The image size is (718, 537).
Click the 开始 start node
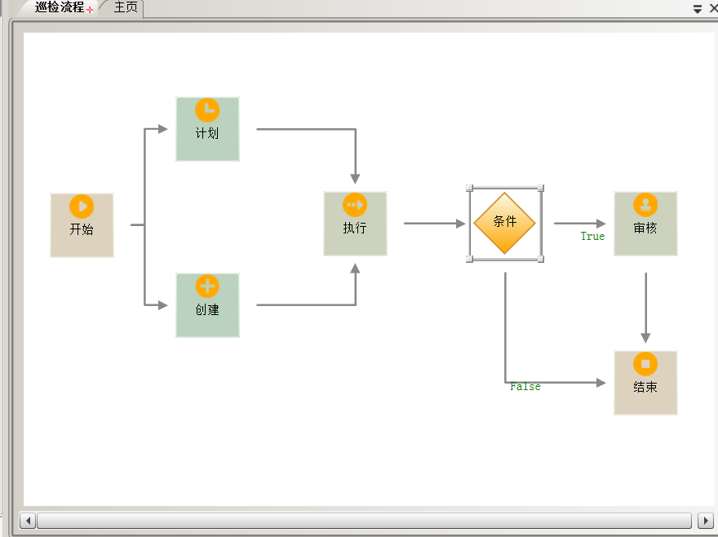point(82,225)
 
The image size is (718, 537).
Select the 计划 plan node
point(207,129)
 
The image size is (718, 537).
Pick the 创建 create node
point(207,305)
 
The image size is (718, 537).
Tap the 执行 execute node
point(355,224)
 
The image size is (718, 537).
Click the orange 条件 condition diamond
point(505,223)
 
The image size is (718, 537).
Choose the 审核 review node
point(645,224)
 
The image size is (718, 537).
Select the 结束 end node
point(645,383)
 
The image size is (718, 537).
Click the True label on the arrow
point(592,237)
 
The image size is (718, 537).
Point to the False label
point(525,387)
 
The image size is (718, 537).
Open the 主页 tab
point(126,8)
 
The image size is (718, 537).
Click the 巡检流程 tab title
point(60,8)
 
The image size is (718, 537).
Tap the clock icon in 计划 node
point(207,110)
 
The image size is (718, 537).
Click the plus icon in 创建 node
point(207,286)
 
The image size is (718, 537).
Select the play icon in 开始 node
point(82,206)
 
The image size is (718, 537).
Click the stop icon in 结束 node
point(645,364)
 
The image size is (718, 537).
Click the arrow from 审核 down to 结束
point(645,306)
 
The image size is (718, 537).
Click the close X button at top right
point(711,9)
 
